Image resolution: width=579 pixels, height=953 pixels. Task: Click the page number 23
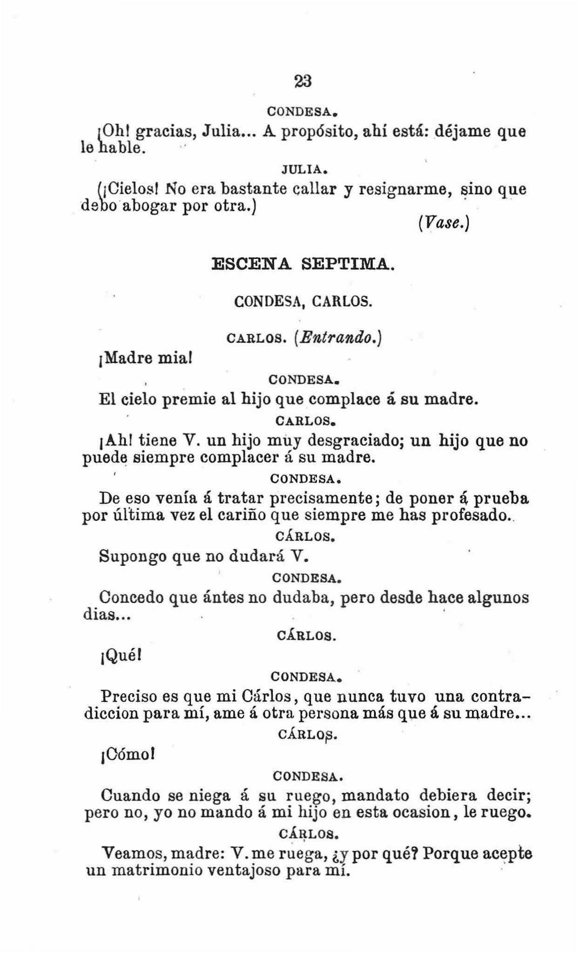click(303, 81)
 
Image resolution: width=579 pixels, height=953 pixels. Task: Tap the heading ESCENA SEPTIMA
click(303, 264)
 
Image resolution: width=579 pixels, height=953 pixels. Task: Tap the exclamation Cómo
click(128, 754)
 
